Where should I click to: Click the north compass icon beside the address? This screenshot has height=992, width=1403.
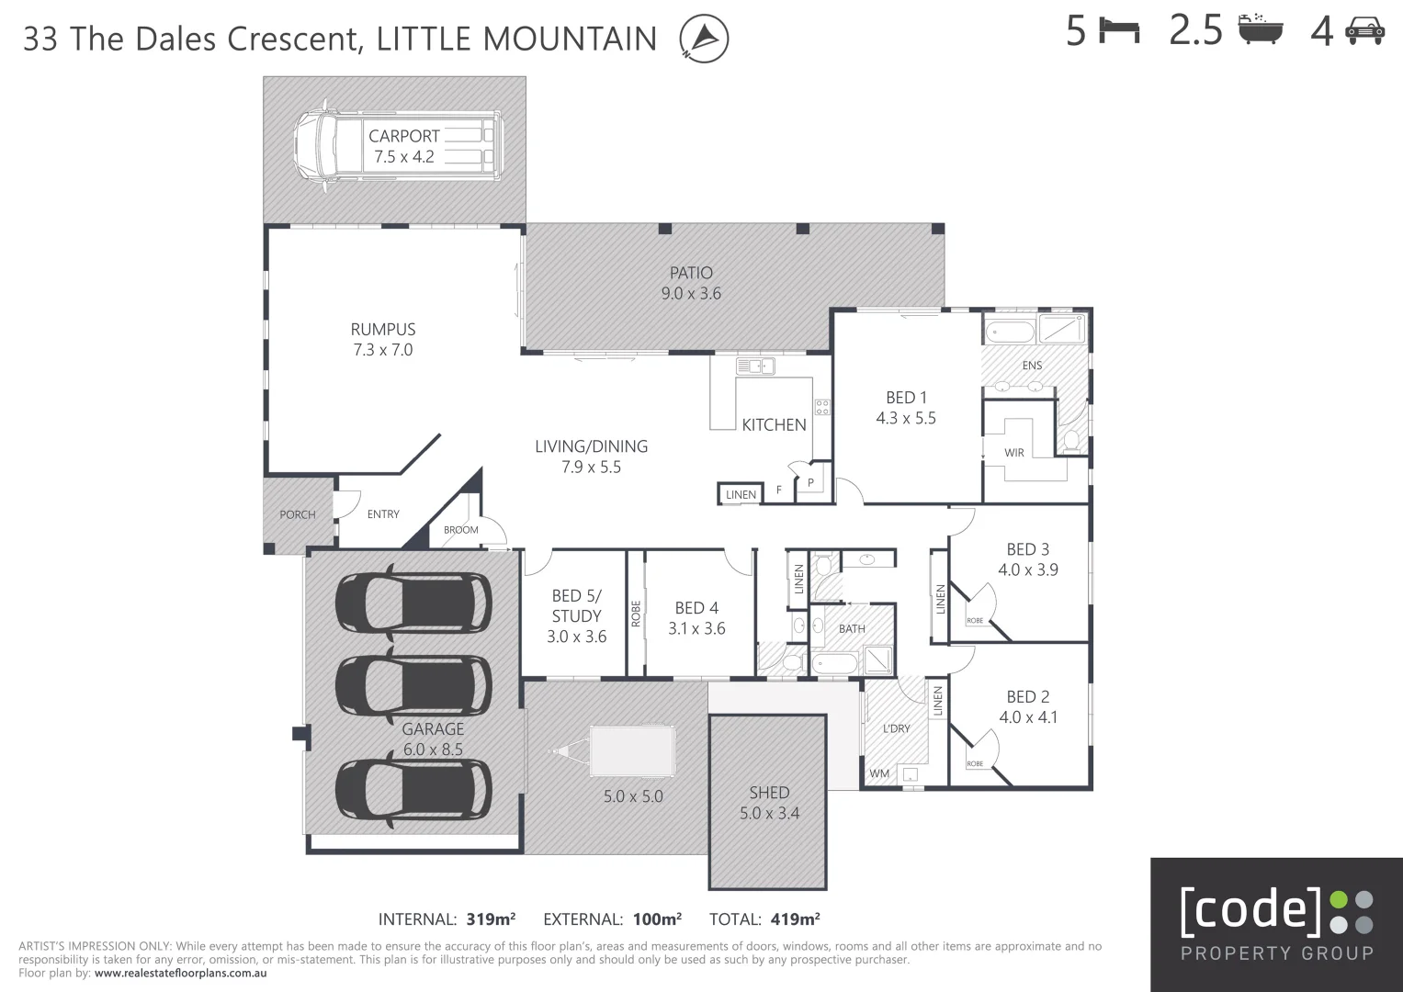pos(704,39)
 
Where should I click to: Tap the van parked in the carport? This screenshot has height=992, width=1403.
pos(399,146)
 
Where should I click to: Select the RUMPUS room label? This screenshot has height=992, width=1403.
pos(383,330)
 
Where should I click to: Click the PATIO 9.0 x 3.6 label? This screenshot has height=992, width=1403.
pos(692,283)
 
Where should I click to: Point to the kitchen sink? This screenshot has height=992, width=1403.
pos(755,366)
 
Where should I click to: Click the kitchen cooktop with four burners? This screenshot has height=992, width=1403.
pos(822,407)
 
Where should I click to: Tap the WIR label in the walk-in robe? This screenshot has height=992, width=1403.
pos(1014,452)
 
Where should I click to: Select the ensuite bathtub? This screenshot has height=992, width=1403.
pos(1010,332)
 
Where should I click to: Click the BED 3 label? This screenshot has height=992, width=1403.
pos(1028,549)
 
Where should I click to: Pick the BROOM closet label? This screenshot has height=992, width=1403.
pos(461,530)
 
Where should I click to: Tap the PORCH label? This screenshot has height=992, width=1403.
pos(298,514)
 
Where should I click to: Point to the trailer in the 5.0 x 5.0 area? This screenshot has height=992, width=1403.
pos(614,751)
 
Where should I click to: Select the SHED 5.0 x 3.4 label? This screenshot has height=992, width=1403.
pos(769,803)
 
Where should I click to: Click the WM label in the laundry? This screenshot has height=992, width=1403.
pos(879,773)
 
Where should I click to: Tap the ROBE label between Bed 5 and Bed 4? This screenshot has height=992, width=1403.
pos(636,614)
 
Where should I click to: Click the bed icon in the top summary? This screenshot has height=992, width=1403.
pos(1119,30)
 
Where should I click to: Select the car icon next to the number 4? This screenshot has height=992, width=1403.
pos(1365,31)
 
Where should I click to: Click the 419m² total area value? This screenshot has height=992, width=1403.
pos(795,919)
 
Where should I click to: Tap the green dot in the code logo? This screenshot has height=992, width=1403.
pos(1339,900)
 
